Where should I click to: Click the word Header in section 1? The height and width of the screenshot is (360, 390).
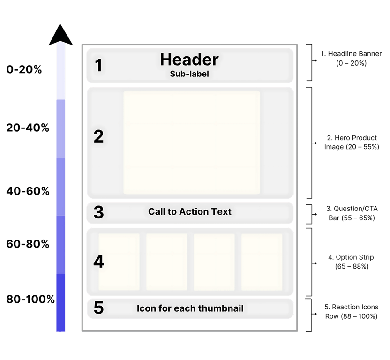pos(189,60)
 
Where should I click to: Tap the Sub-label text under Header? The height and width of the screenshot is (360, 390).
pos(189,74)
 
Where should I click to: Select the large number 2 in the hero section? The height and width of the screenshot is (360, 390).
pos(98,136)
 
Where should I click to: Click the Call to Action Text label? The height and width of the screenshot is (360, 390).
pos(190,212)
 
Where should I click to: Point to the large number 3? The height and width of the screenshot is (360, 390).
pos(98,212)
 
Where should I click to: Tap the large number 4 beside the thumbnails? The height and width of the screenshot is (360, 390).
pos(98,261)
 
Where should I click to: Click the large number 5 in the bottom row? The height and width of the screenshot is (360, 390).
pos(98,308)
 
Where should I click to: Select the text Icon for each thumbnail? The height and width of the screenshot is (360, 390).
pos(190,308)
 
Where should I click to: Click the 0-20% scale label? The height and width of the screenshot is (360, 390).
pos(24,70)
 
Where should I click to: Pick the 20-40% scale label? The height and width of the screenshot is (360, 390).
pos(28,127)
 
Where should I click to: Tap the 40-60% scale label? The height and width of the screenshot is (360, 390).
pos(28,191)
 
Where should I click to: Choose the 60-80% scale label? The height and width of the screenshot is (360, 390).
pos(28,244)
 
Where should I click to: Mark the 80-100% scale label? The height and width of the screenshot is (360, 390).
pos(30,300)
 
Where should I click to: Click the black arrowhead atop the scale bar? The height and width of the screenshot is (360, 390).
pos(60,35)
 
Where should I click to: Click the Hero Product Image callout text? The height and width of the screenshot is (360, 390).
pos(351,142)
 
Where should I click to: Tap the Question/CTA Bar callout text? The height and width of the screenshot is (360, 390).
pos(351,213)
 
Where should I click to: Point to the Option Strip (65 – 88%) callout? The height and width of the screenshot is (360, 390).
pos(351,262)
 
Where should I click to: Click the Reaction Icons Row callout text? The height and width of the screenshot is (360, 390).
pos(351,312)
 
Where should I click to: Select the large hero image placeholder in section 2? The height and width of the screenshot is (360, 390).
pos(191,142)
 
